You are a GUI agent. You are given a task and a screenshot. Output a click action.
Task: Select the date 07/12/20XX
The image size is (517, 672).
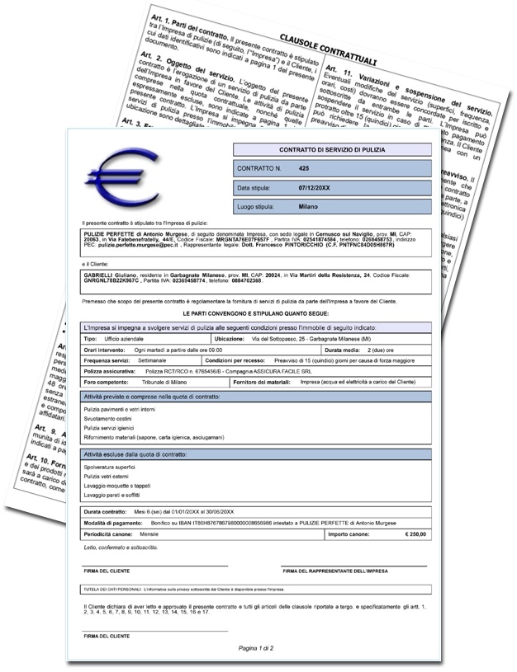pyautogui.click(x=315, y=187)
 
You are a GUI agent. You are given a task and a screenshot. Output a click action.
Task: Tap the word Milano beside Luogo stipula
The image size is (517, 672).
pyautogui.click(x=309, y=206)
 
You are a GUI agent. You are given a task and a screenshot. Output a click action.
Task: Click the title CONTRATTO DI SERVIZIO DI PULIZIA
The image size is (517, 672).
pyautogui.click(x=331, y=149)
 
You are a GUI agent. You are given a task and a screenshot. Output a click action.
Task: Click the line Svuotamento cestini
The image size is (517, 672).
pyautogui.click(x=109, y=418)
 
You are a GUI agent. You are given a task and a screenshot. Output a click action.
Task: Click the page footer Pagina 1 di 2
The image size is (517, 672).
pyautogui.click(x=256, y=648)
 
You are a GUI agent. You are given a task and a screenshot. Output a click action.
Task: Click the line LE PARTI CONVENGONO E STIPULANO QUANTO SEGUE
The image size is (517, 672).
pyautogui.click(x=256, y=315)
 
